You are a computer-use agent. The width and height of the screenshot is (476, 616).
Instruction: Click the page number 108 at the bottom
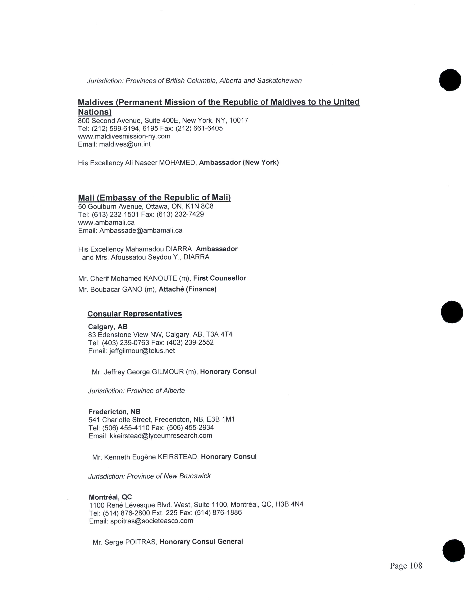click(x=406, y=566)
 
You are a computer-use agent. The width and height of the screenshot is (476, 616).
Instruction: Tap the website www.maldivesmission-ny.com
click(x=124, y=136)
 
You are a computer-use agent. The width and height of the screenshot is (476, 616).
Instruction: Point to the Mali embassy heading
click(x=154, y=197)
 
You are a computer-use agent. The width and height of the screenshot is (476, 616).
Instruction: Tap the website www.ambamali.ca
click(x=106, y=223)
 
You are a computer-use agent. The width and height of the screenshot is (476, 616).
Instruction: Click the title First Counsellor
click(x=219, y=278)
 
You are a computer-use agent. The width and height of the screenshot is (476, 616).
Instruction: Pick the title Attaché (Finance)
click(x=188, y=289)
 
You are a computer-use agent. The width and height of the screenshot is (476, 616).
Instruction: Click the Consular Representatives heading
click(x=135, y=314)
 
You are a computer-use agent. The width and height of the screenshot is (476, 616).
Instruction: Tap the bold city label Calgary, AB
click(x=108, y=327)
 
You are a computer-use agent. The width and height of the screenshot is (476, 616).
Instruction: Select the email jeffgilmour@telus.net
click(x=142, y=351)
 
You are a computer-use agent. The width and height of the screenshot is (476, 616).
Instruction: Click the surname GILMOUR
click(x=168, y=372)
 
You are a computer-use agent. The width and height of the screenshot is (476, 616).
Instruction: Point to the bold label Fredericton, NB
click(x=114, y=412)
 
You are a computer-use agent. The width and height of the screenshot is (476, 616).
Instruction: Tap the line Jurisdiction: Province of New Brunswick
click(x=149, y=476)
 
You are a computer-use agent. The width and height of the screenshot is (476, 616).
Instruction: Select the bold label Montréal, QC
click(x=110, y=497)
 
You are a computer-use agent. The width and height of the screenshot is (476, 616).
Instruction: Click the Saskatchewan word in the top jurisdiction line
click(x=279, y=81)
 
